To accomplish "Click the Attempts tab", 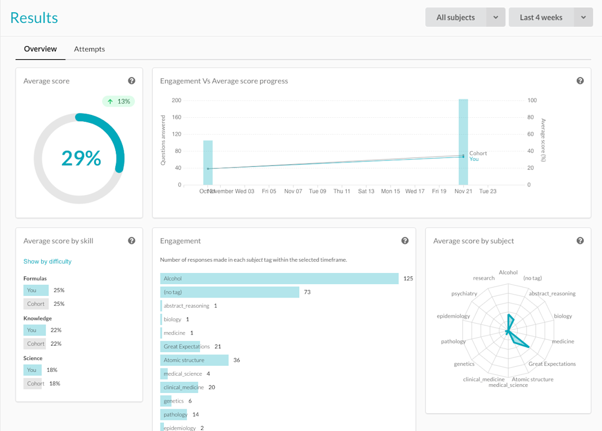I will click(89, 49).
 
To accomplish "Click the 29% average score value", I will click(81, 159).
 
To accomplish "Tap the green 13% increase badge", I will click(118, 102).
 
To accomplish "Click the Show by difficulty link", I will click(47, 261).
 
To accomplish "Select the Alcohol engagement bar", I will click(279, 279).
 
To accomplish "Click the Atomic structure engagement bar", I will click(194, 360).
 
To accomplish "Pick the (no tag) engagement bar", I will click(229, 292).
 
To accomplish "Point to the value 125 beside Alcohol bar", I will click(408, 279).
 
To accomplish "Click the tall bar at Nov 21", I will click(463, 142).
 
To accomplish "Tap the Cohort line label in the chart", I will click(478, 153).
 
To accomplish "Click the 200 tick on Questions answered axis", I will click(176, 100).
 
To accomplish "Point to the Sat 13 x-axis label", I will click(366, 191).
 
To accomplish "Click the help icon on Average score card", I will click(132, 81).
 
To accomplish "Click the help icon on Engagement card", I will click(405, 241).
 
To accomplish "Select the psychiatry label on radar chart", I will click(464, 293).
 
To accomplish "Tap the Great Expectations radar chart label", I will click(552, 364).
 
